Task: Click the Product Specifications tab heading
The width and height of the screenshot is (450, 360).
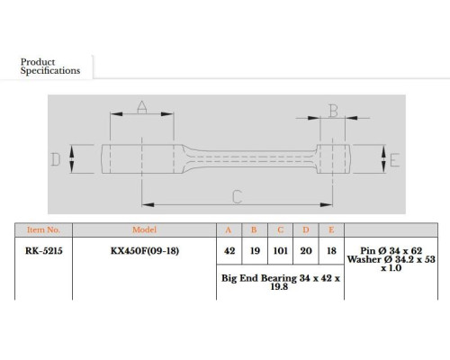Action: click(50, 67)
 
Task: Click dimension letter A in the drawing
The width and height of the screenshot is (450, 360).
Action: click(142, 107)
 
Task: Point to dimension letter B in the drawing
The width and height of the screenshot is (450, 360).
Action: click(333, 111)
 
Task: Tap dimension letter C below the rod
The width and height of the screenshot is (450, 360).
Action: click(237, 197)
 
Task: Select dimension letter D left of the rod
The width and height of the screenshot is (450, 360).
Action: click(55, 159)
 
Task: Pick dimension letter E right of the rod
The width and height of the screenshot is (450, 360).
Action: click(394, 159)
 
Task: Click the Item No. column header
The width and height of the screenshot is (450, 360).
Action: click(43, 229)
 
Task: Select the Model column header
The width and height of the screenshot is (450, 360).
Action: click(144, 229)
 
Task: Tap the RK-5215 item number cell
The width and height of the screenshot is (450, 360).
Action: click(44, 250)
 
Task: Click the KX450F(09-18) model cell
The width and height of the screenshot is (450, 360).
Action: click(145, 250)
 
